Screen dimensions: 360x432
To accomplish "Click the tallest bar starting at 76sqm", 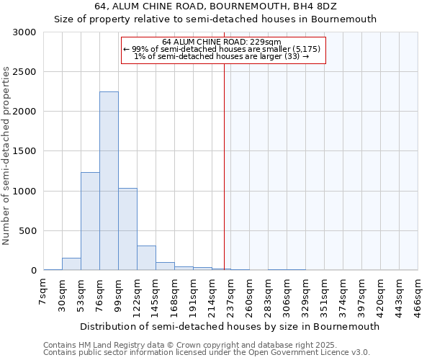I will pos(109,181).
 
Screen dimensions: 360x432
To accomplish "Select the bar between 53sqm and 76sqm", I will pos(90,221).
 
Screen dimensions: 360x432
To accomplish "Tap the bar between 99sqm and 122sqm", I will pos(127,229).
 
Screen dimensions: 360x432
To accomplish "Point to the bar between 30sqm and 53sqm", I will pos(71,264).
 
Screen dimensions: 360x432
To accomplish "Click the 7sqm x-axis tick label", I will pos(43,293).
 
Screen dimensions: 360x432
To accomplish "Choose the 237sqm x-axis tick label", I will pos(230,295).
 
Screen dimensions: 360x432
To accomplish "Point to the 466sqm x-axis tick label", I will pos(418,295).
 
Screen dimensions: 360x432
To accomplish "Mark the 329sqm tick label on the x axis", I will pos(305,295).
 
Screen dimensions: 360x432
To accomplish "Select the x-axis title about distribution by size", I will pos(229,326).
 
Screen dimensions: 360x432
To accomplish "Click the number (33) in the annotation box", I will pos(292,56).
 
